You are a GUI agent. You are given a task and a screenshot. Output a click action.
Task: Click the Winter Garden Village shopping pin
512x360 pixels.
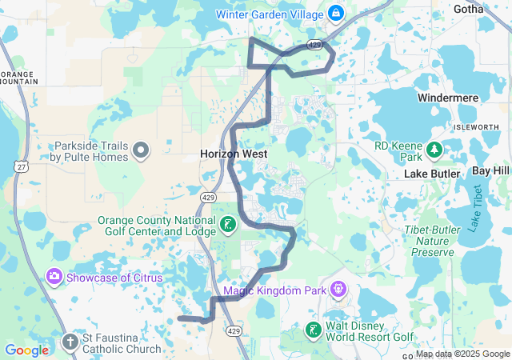click(335, 14)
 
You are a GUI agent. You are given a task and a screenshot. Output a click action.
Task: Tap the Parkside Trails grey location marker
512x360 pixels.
click(142, 150)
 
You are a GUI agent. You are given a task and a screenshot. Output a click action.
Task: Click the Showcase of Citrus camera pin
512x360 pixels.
click(54, 277)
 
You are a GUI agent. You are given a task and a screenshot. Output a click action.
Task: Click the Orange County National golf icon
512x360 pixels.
click(229, 226)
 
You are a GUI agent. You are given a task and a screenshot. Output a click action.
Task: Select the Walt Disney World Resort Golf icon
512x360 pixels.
click(313, 330)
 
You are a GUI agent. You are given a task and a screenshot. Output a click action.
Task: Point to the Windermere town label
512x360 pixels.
click(447, 98)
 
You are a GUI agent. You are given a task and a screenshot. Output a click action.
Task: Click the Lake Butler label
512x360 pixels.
click(432, 174)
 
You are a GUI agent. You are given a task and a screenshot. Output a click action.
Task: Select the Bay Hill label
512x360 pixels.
click(490, 172)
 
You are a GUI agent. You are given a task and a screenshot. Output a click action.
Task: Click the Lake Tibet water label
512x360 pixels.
click(477, 208)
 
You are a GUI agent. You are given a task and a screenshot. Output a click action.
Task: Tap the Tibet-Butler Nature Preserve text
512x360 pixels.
click(438, 241)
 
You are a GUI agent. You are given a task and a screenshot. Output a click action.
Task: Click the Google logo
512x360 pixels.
click(26, 350)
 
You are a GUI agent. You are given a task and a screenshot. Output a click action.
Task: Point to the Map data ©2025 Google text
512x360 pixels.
click(462, 354)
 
